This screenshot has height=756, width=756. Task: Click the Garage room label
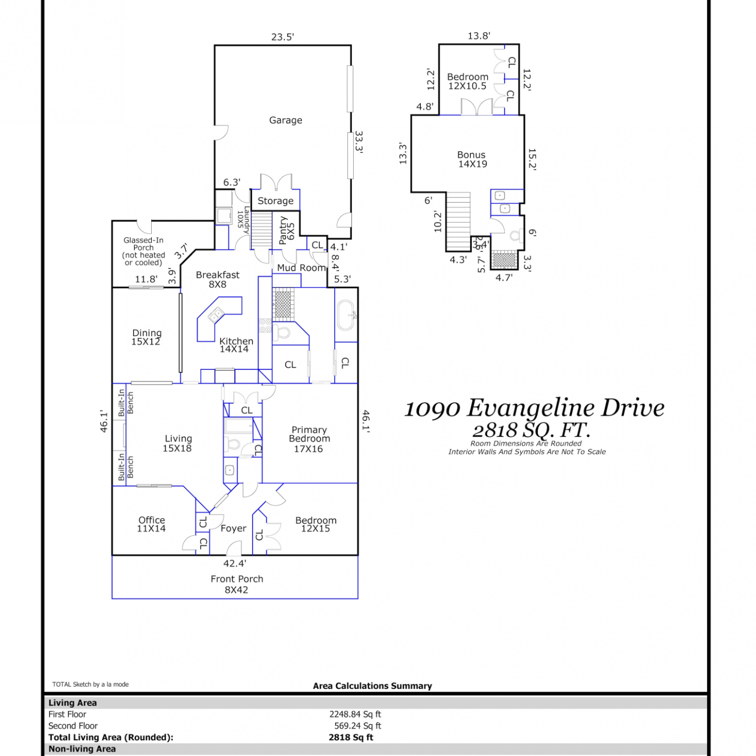pos(286,120)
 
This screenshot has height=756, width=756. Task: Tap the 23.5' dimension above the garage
pos(283,37)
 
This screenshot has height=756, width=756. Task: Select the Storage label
pos(276,201)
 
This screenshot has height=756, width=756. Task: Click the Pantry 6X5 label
pos(286,230)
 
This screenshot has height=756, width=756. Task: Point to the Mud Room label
pos(301,268)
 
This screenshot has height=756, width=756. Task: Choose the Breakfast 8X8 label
pos(218,279)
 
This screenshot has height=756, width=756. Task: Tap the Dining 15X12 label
pos(147,337)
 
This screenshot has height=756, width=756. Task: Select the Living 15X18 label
pos(178,444)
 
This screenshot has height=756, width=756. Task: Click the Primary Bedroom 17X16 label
pos(309,439)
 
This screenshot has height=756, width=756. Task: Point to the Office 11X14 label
pos(152,524)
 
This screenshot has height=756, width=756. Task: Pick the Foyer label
pos(233,528)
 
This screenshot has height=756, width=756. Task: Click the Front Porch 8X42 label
pos(237,584)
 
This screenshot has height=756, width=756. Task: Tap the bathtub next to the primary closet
pos(346,316)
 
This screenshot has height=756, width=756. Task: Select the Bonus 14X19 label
pos(472,159)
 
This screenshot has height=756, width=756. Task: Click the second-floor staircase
pos(458,221)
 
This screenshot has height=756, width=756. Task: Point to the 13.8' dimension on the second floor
pos(479,36)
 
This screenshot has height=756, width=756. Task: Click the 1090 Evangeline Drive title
pos(534,408)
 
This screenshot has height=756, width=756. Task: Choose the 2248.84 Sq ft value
pos(355,714)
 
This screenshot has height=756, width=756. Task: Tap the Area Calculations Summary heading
pos(372,686)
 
